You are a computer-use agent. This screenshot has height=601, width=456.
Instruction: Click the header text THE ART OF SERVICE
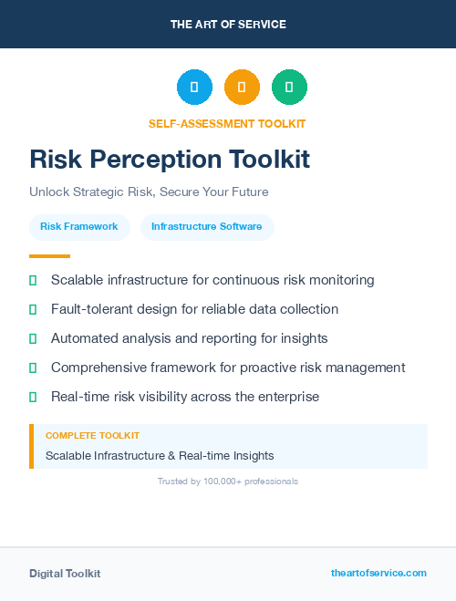click(228, 25)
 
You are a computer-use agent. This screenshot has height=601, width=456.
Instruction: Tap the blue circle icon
click(194, 88)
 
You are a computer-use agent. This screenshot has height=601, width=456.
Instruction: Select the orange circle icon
click(242, 88)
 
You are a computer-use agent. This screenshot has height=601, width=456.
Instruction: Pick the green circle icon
click(289, 88)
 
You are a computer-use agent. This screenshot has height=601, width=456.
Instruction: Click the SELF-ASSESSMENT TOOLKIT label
click(227, 123)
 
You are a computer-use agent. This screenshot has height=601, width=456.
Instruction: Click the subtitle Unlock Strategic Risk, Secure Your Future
click(149, 192)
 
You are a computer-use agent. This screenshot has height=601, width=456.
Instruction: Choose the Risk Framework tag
click(79, 226)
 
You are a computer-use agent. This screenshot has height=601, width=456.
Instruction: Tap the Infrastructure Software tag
click(207, 226)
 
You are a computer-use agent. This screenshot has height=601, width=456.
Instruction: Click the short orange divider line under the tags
click(49, 256)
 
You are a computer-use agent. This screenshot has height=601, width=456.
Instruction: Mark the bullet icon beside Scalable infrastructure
click(33, 281)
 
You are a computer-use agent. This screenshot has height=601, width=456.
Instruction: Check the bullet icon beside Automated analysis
click(33, 338)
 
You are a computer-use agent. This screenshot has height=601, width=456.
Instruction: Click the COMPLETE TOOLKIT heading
click(92, 436)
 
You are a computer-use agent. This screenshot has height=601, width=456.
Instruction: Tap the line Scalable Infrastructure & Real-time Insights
click(160, 455)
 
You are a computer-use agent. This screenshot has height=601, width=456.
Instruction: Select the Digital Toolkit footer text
click(65, 573)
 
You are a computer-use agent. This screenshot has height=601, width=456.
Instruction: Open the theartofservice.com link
click(378, 573)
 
